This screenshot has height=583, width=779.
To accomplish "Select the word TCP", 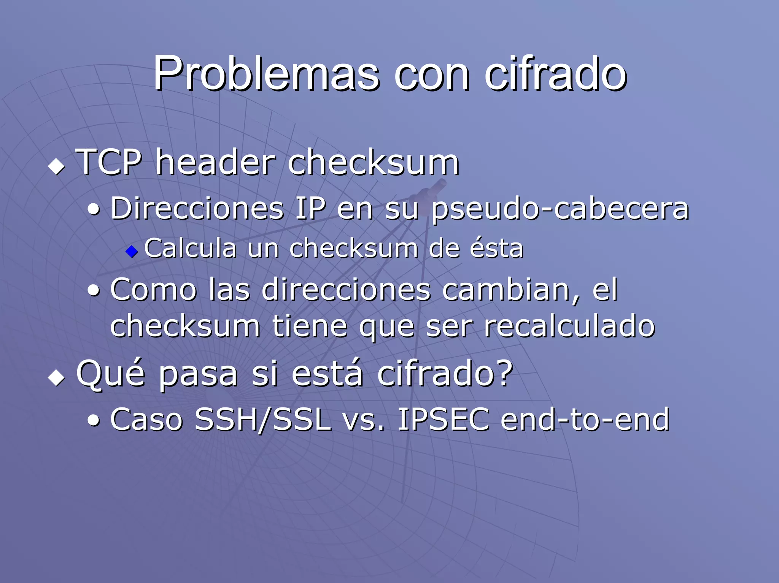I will [x=109, y=162].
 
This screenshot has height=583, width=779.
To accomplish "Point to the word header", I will [x=215, y=162].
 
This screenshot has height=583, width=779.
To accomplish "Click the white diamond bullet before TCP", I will [x=57, y=166].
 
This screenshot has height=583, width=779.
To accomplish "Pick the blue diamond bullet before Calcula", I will [x=132, y=251].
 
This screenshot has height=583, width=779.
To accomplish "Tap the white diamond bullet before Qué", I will [x=57, y=378].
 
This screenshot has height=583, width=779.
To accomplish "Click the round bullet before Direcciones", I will [x=94, y=209].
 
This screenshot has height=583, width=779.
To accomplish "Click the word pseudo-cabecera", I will [x=560, y=210].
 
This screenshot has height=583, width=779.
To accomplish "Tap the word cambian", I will [x=511, y=290].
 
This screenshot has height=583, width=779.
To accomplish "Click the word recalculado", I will [x=569, y=326].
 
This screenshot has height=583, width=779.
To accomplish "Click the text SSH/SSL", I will [x=262, y=420].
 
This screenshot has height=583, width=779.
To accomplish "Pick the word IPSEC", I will [x=443, y=420].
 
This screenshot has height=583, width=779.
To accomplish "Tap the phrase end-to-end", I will [x=585, y=420].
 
